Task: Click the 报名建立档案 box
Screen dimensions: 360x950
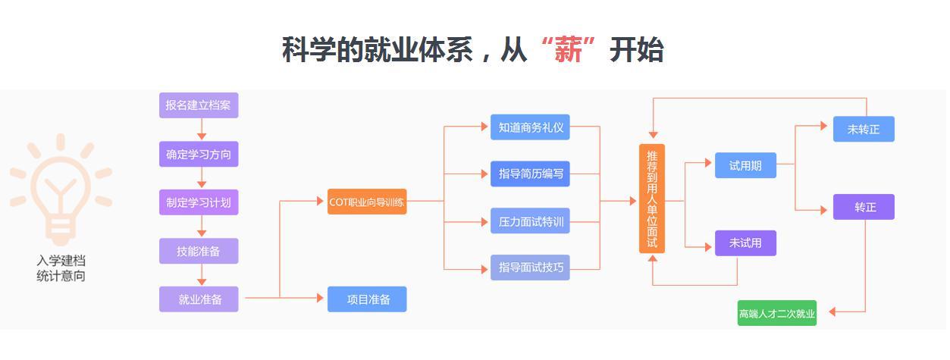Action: [199, 105]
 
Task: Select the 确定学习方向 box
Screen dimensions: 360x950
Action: [199, 155]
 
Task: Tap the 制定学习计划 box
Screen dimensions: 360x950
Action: [199, 202]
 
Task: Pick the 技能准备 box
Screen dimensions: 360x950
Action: [199, 251]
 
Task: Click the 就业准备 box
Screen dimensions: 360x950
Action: [199, 299]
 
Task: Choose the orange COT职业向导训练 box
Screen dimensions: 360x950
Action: [367, 202]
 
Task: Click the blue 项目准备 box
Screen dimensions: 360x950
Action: [367, 299]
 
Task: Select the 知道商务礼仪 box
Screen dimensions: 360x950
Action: [530, 127]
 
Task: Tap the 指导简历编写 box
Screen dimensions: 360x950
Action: [530, 174]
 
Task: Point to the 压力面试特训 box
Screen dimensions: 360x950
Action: [530, 221]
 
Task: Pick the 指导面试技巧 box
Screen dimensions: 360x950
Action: [530, 268]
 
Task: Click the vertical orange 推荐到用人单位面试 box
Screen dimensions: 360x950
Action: [652, 199]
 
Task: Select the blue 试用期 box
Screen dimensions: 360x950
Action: [745, 165]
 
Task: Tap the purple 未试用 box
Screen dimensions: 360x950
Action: [745, 243]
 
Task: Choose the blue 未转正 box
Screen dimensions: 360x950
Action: [864, 129]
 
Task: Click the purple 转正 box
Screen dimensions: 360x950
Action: [864, 207]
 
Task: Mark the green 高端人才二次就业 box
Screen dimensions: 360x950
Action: [777, 313]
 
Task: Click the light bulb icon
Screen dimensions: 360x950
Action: [60, 189]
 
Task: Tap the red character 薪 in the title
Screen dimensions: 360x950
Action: [568, 50]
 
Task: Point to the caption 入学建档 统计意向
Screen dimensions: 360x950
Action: [61, 268]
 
